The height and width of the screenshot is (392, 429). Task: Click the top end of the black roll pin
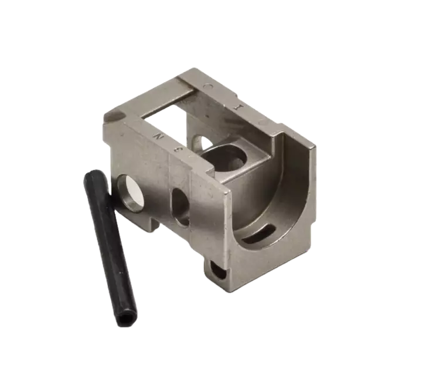[92, 175]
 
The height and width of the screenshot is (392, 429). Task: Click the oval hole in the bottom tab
[219, 271]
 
